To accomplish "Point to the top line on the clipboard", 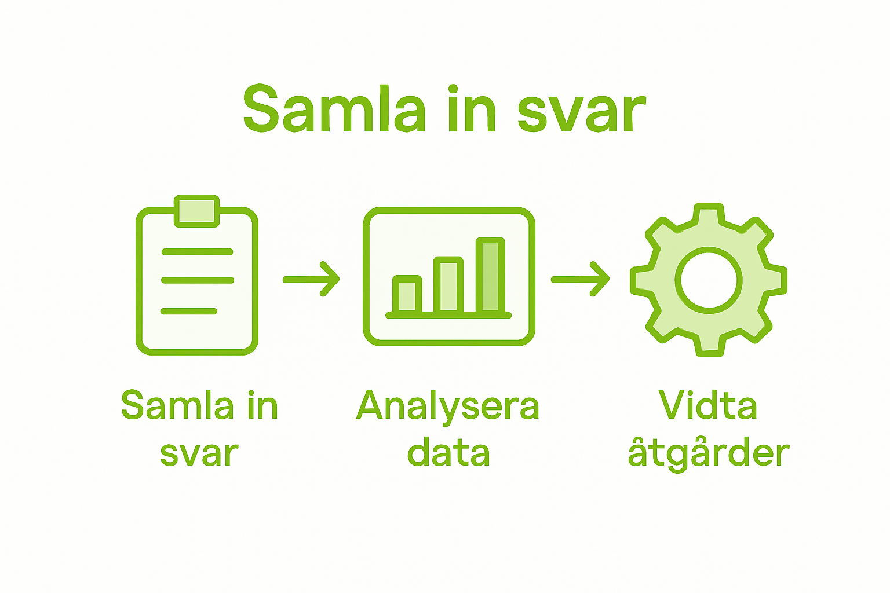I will (x=197, y=252).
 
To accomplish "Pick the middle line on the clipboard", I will (x=197, y=280).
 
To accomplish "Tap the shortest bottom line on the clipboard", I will (x=188, y=312).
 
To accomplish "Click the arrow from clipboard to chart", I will (x=311, y=280).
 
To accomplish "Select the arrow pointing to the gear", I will (x=579, y=280).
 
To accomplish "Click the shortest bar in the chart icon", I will (x=407, y=295).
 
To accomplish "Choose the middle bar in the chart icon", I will (x=448, y=285).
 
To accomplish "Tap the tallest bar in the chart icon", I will (x=490, y=275).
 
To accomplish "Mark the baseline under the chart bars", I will (x=448, y=315).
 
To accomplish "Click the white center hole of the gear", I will (x=709, y=280).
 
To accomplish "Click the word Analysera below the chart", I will (x=447, y=407).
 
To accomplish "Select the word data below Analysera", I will (x=448, y=453).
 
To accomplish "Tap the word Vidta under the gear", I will (x=708, y=405).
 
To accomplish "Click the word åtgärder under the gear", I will (x=708, y=454).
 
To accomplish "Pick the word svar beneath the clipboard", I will (x=199, y=454).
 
